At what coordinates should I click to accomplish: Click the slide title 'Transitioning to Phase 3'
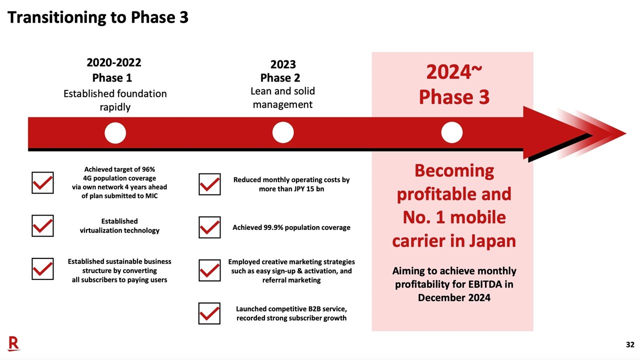point(98,17)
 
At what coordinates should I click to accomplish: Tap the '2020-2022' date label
point(114,62)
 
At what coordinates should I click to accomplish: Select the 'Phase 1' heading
point(112,78)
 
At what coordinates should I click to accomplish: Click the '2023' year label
point(283,64)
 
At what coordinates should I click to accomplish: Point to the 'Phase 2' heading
point(280,78)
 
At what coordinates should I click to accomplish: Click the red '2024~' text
point(454,73)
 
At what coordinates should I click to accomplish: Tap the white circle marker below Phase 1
point(115,133)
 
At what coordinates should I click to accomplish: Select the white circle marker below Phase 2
point(283,133)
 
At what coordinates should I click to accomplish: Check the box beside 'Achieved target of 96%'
point(42,183)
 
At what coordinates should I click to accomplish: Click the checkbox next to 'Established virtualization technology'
point(42,226)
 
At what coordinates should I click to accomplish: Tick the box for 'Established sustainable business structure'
point(42,269)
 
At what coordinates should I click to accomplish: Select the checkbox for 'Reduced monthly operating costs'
point(209,184)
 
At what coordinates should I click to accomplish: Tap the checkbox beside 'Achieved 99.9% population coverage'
point(209,227)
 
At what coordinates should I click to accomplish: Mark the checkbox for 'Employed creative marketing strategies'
point(209,270)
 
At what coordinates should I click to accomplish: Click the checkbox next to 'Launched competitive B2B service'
point(209,313)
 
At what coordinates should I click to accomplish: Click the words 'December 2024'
point(454,297)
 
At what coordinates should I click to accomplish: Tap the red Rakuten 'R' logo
point(14,343)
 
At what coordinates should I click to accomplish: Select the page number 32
point(630,344)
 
